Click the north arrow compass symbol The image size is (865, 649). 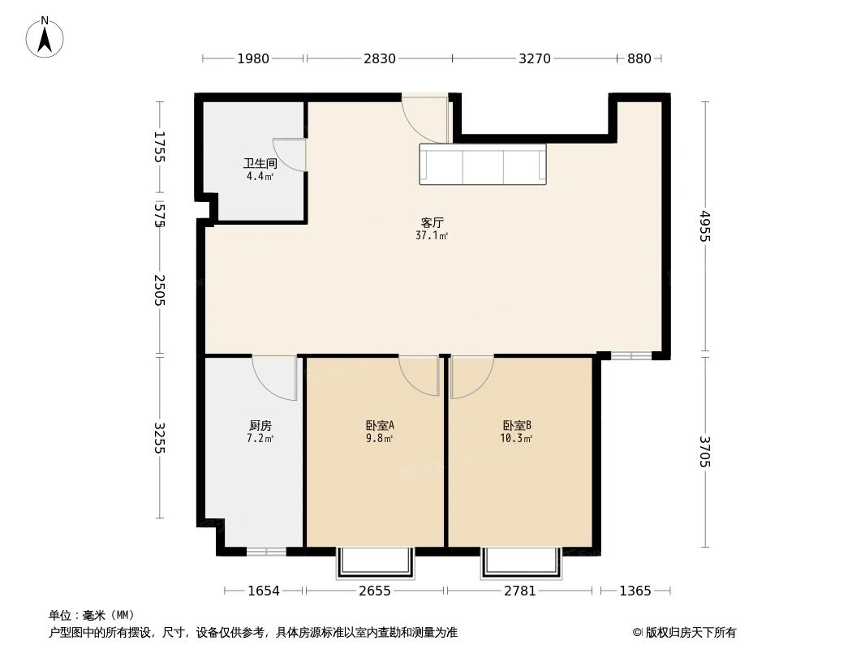[x=45, y=37]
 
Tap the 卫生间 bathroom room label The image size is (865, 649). [x=255, y=163]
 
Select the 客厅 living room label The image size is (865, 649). [x=432, y=222]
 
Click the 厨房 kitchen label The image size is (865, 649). [x=260, y=425]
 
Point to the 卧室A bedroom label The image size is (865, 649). [x=380, y=425]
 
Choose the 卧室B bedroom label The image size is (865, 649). [x=517, y=425]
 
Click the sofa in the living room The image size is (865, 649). [x=483, y=165]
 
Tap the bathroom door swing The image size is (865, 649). [x=291, y=155]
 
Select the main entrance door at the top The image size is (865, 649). [x=424, y=118]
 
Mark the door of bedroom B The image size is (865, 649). [x=470, y=376]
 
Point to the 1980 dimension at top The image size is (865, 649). [x=253, y=58]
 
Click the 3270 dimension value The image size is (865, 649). [x=535, y=58]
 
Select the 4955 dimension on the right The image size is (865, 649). [x=704, y=227]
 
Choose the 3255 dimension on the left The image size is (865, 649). [x=160, y=438]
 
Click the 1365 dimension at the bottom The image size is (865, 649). [x=635, y=591]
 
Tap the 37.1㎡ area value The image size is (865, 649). [x=432, y=236]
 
